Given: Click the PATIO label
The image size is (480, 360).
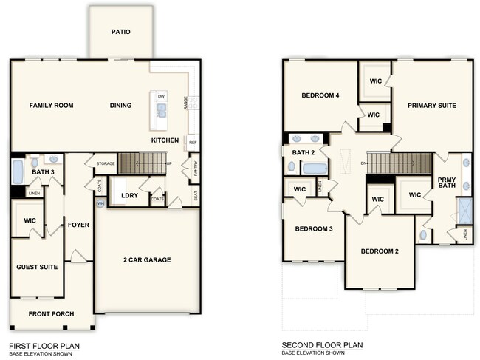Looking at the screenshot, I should [x=121, y=32].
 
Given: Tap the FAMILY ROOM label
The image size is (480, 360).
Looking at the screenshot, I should [x=51, y=106].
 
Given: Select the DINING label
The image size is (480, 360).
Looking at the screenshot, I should [x=120, y=106].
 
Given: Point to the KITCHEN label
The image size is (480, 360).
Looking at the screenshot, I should [x=165, y=140].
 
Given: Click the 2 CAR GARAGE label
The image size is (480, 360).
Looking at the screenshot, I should [x=147, y=259].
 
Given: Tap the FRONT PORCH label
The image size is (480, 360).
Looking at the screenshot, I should [x=51, y=314].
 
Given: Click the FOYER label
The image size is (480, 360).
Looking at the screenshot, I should [x=78, y=225].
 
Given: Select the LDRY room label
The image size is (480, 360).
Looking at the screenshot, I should [x=130, y=195].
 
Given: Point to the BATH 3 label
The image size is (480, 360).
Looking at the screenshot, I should [x=43, y=172].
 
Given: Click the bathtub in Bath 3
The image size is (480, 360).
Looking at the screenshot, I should [x=17, y=172].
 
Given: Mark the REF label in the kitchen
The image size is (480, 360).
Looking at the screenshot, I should [x=193, y=143].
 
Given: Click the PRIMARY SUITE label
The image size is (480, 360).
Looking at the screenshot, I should [x=432, y=106].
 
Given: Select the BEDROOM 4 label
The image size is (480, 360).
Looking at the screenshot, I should [x=320, y=95].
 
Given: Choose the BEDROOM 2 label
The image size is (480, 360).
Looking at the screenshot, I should [x=380, y=251].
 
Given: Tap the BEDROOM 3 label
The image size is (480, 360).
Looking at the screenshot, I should [x=314, y=229].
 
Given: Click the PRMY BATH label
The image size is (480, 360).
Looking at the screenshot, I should [x=447, y=182].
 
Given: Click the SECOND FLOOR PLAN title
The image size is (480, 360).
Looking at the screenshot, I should [x=322, y=345].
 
